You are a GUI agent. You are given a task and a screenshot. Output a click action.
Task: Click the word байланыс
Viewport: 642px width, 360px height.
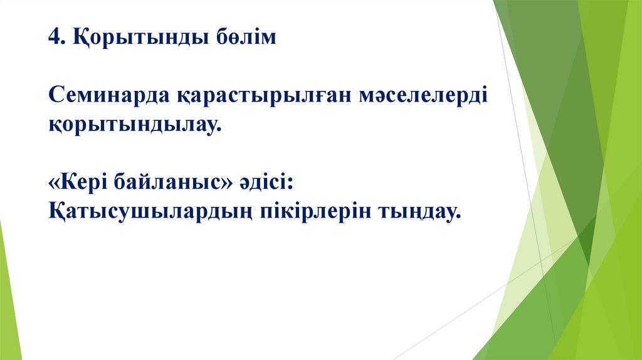[x=169, y=183]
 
